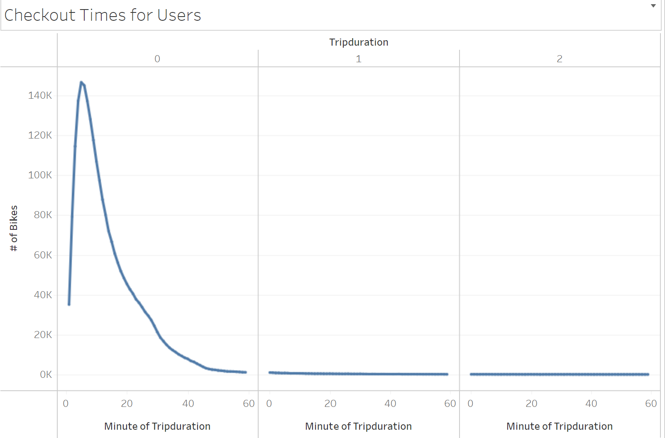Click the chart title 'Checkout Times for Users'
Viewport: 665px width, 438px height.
(x=103, y=15)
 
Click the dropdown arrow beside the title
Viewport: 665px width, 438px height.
(x=653, y=6)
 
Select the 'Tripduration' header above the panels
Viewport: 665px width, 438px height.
(x=359, y=42)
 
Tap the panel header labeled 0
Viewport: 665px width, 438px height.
(x=157, y=59)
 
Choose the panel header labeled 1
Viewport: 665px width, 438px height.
(x=359, y=59)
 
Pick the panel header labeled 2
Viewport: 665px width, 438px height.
(x=560, y=59)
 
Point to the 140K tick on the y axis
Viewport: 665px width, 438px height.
(x=40, y=95)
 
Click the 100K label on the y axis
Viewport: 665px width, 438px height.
(x=40, y=175)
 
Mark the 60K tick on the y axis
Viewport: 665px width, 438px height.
(x=43, y=255)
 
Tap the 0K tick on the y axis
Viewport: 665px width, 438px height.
(x=46, y=375)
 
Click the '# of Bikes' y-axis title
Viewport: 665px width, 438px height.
(x=14, y=229)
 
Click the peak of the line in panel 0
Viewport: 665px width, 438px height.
(x=81, y=82)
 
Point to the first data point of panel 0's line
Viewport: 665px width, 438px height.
(x=69, y=304)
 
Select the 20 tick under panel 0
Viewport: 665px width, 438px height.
(x=127, y=404)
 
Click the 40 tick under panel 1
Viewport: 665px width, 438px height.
(x=390, y=404)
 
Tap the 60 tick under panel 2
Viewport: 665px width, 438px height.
(x=651, y=404)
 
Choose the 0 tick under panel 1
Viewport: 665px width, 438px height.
(x=269, y=404)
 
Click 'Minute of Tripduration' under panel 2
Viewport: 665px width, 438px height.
(x=560, y=426)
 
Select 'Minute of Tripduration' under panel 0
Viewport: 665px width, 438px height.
(x=157, y=426)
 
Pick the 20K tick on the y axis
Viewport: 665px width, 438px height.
(x=43, y=335)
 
